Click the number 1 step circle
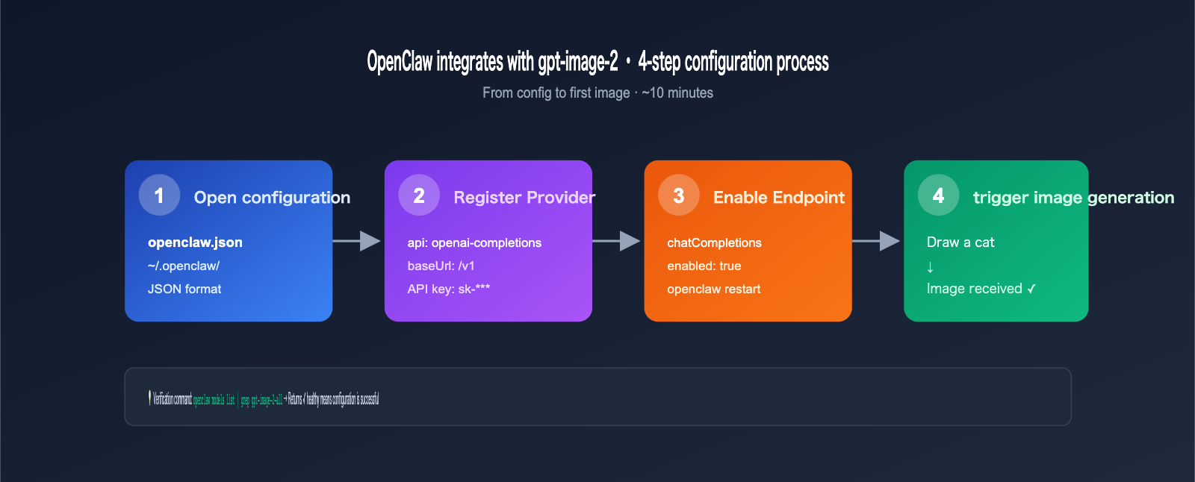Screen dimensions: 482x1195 click(159, 195)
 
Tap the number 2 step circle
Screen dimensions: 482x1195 click(419, 195)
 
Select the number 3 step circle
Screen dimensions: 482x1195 click(678, 195)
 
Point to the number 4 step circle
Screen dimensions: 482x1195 click(938, 195)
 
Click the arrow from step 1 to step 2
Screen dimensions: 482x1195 click(357, 241)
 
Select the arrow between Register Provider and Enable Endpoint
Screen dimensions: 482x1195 click(617, 241)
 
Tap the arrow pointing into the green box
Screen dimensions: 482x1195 click(876, 241)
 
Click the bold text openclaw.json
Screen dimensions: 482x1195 click(195, 242)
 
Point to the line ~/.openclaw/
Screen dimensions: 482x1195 click(184, 266)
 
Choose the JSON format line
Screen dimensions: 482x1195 click(184, 289)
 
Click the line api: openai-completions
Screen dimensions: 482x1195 click(474, 242)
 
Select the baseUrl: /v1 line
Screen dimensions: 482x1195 click(441, 266)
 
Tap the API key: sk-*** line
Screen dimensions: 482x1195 click(448, 289)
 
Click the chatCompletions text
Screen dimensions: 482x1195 click(714, 242)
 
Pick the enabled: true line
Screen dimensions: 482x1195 click(704, 266)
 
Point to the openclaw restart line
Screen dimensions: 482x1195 click(713, 289)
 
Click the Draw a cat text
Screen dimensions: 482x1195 click(960, 242)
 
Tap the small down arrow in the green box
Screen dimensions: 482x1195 click(930, 267)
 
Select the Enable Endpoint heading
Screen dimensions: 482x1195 click(778, 198)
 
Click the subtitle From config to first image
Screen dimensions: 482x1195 click(556, 93)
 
